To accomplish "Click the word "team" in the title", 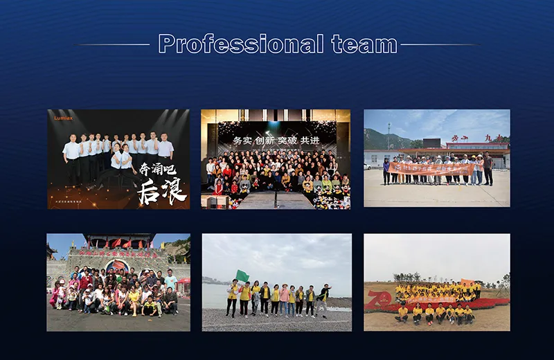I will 364,44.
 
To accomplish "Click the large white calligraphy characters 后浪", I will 157,189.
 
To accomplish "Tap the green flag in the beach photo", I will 242,276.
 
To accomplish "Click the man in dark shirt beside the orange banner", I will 488,169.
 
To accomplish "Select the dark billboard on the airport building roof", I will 431,143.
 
